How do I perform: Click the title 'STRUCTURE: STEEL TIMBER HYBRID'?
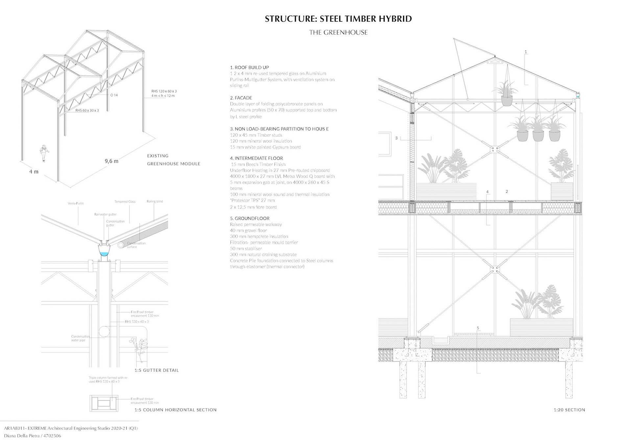pyautogui.click(x=338, y=19)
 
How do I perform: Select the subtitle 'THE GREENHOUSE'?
pyautogui.click(x=338, y=33)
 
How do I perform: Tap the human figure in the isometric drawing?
pyautogui.click(x=43, y=153)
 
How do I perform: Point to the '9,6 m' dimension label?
pyautogui.click(x=111, y=161)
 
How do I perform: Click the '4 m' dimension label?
pyautogui.click(x=34, y=171)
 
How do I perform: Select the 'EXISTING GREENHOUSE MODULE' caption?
pyautogui.click(x=173, y=160)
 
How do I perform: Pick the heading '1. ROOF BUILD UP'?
pyautogui.click(x=249, y=67)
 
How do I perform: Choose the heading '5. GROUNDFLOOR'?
pyautogui.click(x=250, y=218)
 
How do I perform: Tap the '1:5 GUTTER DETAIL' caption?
pyautogui.click(x=156, y=370)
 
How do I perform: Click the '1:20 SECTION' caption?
pyautogui.click(x=569, y=410)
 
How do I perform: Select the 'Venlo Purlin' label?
pyautogui.click(x=76, y=203)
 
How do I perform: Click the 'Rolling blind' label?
pyautogui.click(x=155, y=201)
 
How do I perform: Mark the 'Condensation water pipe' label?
pyautogui.click(x=80, y=338)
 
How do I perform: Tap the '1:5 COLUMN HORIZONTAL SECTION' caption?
pyautogui.click(x=175, y=410)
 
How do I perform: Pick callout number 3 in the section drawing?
pyautogui.click(x=396, y=138)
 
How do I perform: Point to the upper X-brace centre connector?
pyautogui.click(x=494, y=149)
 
